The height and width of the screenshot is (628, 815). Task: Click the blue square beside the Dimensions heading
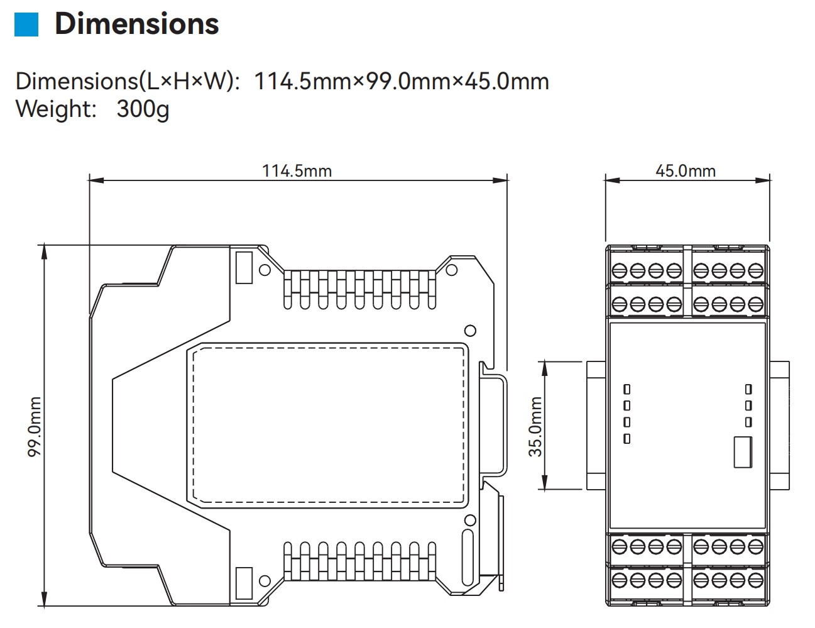click(x=26, y=24)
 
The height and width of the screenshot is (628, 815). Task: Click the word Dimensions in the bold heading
click(x=136, y=23)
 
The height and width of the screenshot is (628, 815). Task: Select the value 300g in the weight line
click(x=143, y=109)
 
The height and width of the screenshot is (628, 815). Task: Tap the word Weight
click(x=55, y=109)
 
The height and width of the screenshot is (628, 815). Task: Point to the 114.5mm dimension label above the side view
click(x=297, y=170)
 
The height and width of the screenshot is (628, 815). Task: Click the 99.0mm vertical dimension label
click(x=35, y=426)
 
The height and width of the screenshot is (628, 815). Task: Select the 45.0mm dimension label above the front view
click(x=685, y=170)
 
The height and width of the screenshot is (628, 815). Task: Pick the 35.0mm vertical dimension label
click(x=535, y=426)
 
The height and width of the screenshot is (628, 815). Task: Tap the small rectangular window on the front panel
click(x=743, y=452)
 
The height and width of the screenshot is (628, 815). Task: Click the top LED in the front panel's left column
click(x=626, y=390)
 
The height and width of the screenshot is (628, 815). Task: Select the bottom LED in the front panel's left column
click(x=626, y=438)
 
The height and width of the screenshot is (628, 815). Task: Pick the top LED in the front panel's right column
click(x=748, y=390)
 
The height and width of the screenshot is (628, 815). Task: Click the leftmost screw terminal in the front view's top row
click(x=620, y=271)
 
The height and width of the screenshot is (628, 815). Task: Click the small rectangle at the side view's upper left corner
click(x=243, y=267)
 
